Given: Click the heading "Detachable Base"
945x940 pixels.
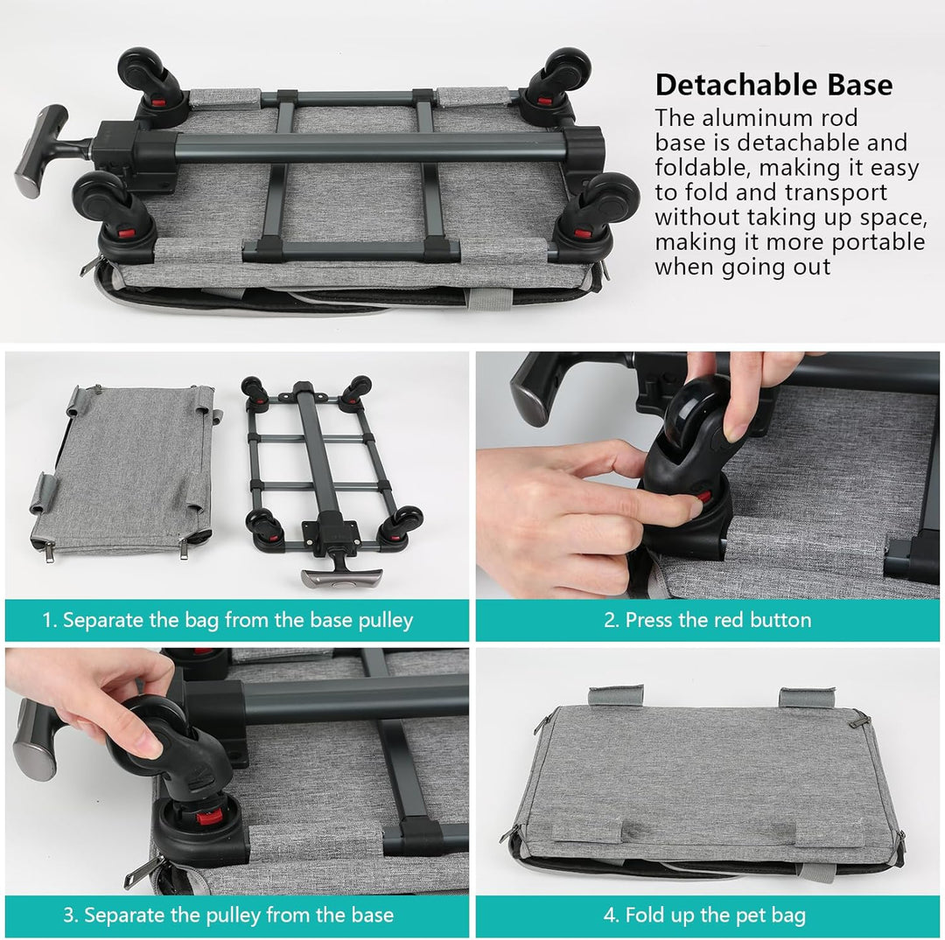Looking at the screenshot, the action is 773,85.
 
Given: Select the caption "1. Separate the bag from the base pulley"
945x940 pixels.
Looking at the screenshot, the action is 227,620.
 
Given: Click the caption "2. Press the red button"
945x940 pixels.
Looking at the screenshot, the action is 708,620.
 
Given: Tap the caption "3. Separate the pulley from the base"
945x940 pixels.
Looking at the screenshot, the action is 228,916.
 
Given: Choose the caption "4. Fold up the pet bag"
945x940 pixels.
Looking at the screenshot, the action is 704,916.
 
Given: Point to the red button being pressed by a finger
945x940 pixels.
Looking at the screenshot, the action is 703,498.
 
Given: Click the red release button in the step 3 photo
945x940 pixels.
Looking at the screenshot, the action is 209,818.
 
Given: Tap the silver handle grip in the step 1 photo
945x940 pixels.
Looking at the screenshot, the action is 342,578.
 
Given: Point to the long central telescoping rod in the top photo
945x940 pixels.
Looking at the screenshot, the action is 371,148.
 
